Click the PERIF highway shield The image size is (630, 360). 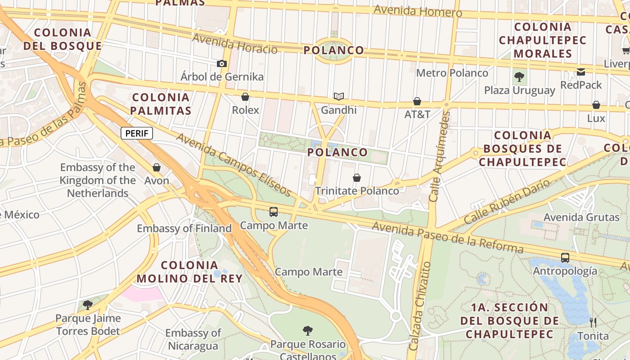pos(137,133)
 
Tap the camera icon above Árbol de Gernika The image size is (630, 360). pos(221,64)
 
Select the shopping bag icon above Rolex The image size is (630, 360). pos(245,97)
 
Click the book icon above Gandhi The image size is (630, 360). pos(338,96)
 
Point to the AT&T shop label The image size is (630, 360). pos(417,114)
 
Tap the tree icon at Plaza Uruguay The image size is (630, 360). pos(519,77)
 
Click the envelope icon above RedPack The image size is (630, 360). pos(581,72)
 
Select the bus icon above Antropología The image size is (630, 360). pos(565,258)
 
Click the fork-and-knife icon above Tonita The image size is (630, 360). pos(593,322)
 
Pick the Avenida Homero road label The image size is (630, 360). pos(418,11)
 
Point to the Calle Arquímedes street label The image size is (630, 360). pos(439,157)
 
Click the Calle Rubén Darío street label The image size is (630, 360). pos(507,202)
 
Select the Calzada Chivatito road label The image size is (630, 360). pos(420,306)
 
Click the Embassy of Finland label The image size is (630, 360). pos(184,229)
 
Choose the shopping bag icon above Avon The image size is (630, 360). pos(157,168)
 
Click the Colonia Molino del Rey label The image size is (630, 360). pos(189,272)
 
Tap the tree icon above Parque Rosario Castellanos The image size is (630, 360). pos(308,331)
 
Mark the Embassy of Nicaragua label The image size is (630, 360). pos(193,339)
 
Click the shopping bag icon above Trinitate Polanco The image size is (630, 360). pos(357,178)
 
